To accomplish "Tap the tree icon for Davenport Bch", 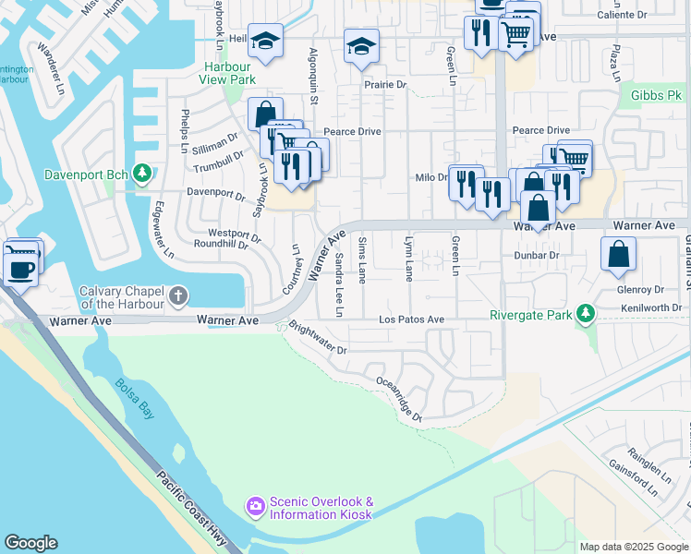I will click(x=141, y=173).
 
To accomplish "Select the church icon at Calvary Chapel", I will click(x=178, y=296).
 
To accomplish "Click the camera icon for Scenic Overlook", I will click(x=254, y=506).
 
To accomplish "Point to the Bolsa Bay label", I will click(x=135, y=399).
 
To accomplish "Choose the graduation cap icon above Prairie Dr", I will click(x=361, y=45).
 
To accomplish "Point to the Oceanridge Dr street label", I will click(x=399, y=399).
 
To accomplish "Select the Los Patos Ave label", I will click(x=412, y=319).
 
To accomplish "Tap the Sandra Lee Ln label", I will click(x=339, y=284).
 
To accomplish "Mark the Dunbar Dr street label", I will click(x=536, y=255).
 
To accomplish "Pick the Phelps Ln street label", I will click(x=185, y=131).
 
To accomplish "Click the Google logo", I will click(x=30, y=543).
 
